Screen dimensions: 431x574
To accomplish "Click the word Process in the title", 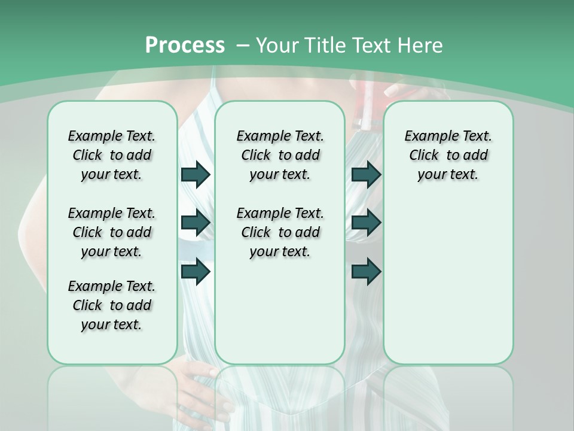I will pos(185,45).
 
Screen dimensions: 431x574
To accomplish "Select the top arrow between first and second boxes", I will pos(196,174).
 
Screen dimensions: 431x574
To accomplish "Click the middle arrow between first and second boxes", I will pos(196,223).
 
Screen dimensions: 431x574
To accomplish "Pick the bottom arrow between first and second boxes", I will pos(196,272).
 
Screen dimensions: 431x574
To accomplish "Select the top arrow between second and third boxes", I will pos(366,174).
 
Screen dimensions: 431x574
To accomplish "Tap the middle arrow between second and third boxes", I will pos(366,223).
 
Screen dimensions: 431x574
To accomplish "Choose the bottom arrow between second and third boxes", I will pos(366,272).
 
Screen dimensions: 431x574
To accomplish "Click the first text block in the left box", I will pos(112,155).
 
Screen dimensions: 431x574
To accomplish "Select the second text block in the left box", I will pos(112,232).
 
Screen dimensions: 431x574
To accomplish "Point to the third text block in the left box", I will pos(112,305).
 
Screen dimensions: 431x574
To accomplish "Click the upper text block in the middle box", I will pos(280,155).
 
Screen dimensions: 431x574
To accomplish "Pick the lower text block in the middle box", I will pos(280,232).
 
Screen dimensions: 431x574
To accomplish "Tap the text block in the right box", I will pos(448,155).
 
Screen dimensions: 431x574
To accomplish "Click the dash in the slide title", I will pos(243,45).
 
